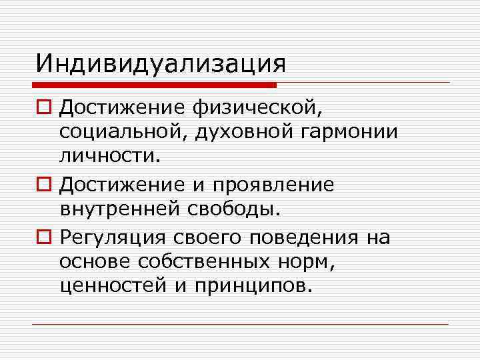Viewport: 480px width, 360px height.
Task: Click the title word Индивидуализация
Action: pyautogui.click(x=161, y=65)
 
